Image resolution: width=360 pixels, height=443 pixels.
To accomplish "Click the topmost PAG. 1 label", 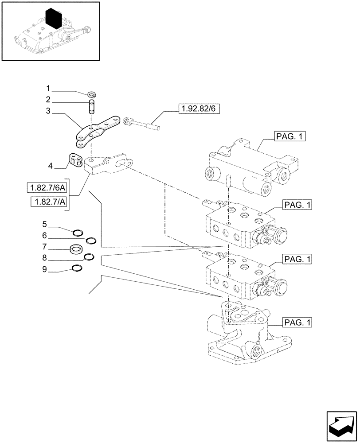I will pyautogui.click(x=290, y=137).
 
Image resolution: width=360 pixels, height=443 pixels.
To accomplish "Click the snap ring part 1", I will pyautogui.click(x=93, y=94).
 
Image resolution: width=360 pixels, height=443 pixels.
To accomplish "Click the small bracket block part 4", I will pyautogui.click(x=76, y=160).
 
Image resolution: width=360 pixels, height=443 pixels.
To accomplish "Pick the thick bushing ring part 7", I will pyautogui.click(x=78, y=250).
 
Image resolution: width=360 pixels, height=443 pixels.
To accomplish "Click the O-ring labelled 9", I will pyautogui.click(x=77, y=267).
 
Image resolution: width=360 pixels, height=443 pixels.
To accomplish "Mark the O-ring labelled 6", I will pyautogui.click(x=91, y=241).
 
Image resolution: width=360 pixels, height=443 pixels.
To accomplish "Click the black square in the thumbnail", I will pyautogui.click(x=56, y=19).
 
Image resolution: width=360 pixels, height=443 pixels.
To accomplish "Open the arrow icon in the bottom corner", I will pyautogui.click(x=340, y=425).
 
